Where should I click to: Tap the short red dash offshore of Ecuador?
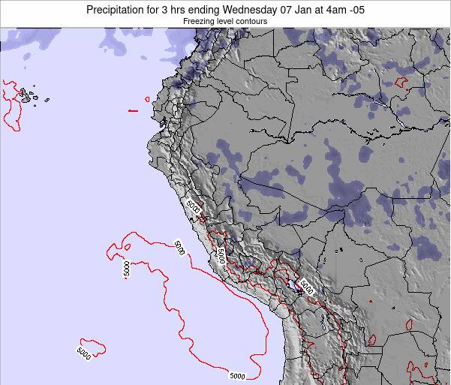click(x=133, y=111)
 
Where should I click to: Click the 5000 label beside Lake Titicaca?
click(x=308, y=285)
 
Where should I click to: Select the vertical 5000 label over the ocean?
click(x=125, y=269)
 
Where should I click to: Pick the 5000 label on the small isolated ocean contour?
click(x=83, y=350)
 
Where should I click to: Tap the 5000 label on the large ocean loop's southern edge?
click(x=237, y=375)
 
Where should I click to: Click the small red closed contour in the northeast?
click(x=400, y=80)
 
